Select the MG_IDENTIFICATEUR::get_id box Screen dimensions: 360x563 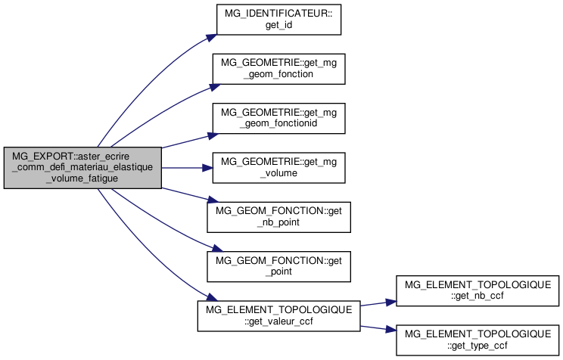[x=278, y=19]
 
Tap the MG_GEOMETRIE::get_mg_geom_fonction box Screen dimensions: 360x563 [x=278, y=68]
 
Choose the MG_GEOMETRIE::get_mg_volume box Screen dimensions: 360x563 [x=278, y=167]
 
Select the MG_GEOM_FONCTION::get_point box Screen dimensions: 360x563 [x=278, y=266]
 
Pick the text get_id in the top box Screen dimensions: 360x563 [x=278, y=24]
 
